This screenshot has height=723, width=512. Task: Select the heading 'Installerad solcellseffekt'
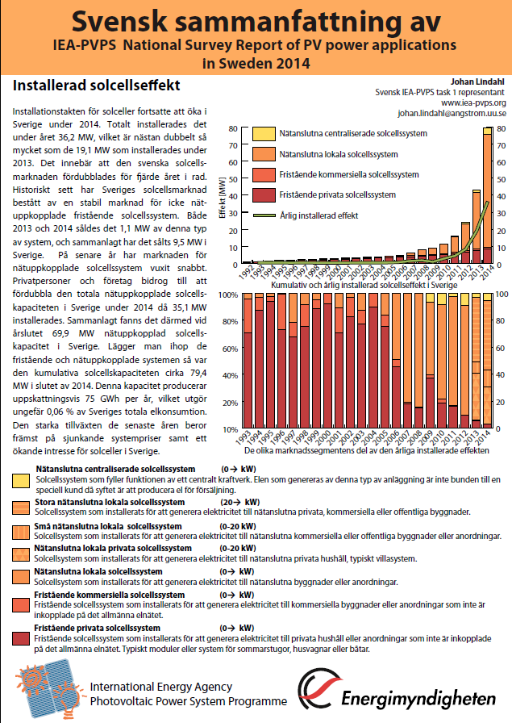click(96, 85)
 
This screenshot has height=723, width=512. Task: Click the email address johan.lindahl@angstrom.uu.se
click(452, 114)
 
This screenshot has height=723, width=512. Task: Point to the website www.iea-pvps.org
click(472, 102)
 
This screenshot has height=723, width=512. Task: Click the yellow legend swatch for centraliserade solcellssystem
click(263, 134)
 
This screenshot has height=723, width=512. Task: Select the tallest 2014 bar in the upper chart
click(489, 198)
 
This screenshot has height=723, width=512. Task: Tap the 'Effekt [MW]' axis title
click(223, 197)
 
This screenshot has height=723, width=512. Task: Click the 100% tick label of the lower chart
click(228, 295)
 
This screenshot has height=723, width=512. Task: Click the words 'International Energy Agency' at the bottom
click(160, 687)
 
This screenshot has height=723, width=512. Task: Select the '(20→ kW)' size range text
click(238, 501)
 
